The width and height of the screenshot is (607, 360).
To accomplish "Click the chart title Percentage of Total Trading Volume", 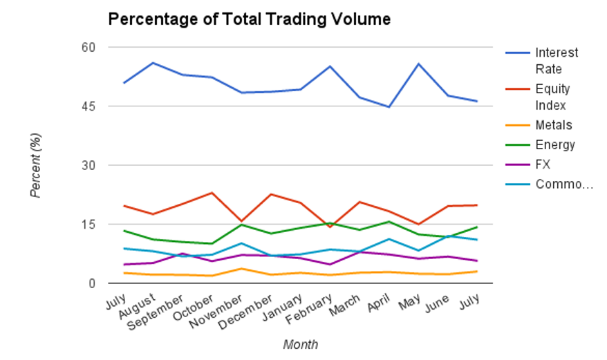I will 249,19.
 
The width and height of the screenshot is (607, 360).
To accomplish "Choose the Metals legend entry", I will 553,125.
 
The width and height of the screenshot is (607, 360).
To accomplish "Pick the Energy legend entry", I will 554,144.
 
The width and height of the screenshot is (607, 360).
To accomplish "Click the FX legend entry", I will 543,164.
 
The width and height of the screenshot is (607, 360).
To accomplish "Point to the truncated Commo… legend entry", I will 564,184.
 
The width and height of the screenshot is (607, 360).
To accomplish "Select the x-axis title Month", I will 301,343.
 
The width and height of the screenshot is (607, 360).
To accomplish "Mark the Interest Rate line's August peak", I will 152,63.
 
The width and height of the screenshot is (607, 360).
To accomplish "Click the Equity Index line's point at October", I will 212,193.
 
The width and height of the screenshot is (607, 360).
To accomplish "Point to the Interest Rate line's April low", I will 389,107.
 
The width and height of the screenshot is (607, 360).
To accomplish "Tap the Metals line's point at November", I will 241,269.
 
